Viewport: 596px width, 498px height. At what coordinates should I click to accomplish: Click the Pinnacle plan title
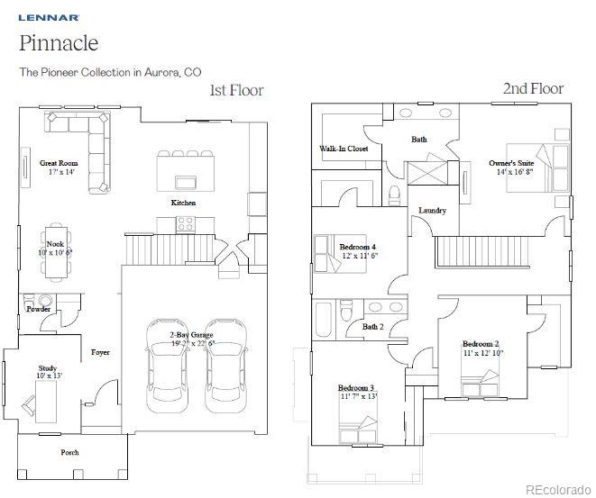coord(59,43)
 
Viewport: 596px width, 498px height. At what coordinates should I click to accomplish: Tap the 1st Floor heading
coord(236,90)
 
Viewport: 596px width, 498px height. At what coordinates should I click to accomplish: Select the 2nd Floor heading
coord(533,88)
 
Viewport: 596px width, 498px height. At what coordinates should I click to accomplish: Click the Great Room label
coord(58,163)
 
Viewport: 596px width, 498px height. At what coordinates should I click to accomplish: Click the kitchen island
coord(186,168)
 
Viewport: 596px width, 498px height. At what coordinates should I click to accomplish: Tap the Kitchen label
coord(184,203)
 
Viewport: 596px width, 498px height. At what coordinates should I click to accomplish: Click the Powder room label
coord(39,309)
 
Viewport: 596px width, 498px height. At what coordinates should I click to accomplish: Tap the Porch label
coord(69,452)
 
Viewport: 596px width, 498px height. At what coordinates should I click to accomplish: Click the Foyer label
coord(100,352)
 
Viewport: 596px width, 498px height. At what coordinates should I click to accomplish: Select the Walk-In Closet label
coord(344,149)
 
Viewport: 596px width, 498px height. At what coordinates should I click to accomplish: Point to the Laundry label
coord(432,211)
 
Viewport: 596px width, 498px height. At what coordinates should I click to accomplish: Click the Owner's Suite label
coord(511,163)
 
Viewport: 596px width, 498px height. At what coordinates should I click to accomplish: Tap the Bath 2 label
coord(373,327)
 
